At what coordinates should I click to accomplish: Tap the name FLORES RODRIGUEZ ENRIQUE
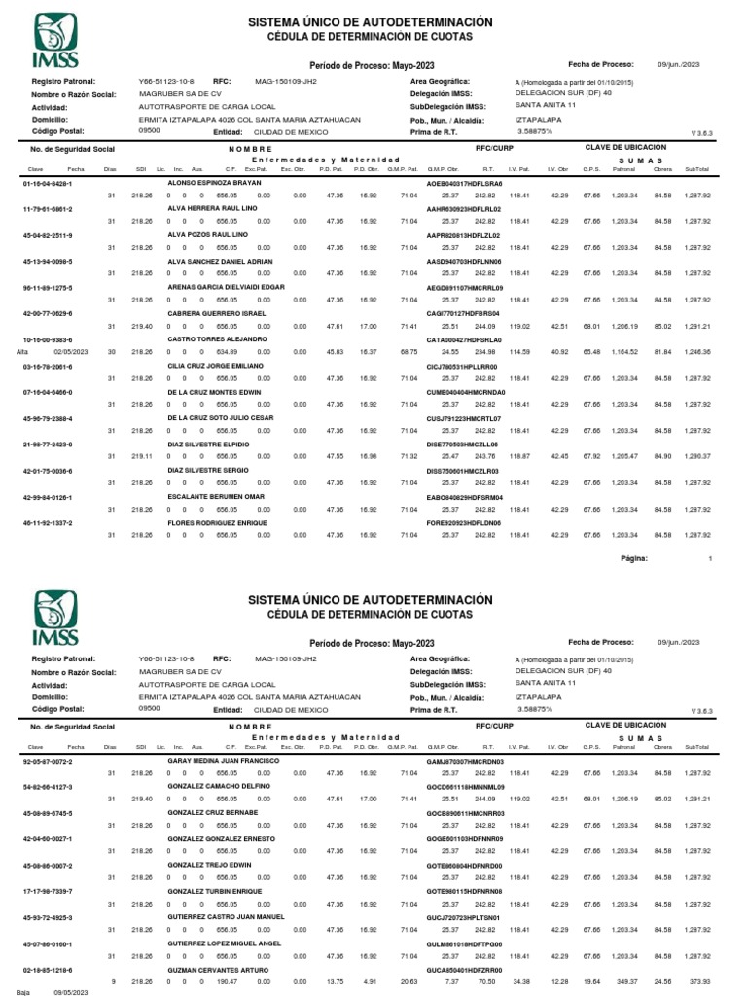pyautogui.click(x=218, y=522)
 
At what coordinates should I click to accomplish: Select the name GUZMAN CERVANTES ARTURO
pyautogui.click(x=219, y=969)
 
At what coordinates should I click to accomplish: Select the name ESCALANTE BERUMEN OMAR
pyautogui.click(x=216, y=497)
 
